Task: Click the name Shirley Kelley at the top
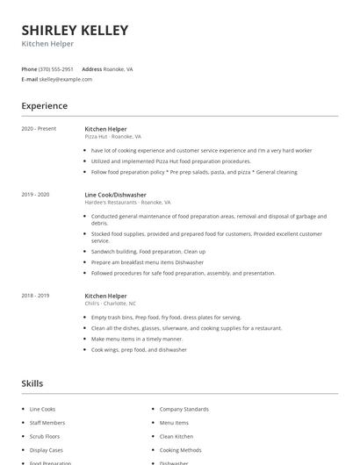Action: (x=75, y=30)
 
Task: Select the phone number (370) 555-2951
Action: (x=57, y=68)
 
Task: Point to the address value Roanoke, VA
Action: (x=119, y=68)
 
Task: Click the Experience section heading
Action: (x=45, y=106)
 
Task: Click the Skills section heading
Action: (x=32, y=383)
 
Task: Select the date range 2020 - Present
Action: (x=39, y=128)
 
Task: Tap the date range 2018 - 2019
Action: (x=35, y=296)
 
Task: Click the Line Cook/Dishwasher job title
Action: (x=116, y=194)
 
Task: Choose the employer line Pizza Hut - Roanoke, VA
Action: (x=112, y=137)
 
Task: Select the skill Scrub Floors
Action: (x=44, y=436)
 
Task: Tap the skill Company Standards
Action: (x=184, y=409)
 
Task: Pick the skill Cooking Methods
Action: (x=180, y=449)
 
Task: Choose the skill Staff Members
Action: (x=46, y=422)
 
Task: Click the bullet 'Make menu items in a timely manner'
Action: (x=137, y=339)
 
